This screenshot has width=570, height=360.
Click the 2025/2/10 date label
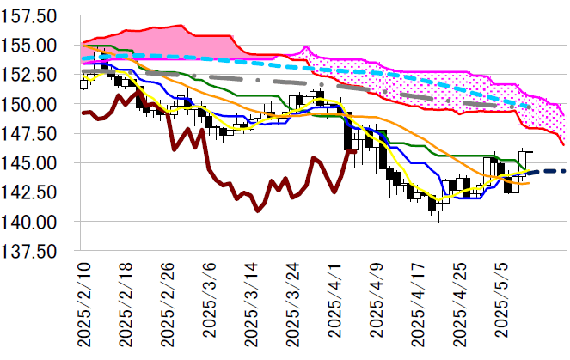(x=84, y=306)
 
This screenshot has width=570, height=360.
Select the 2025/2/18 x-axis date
(x=126, y=306)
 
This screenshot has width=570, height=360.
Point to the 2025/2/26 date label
(x=167, y=306)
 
